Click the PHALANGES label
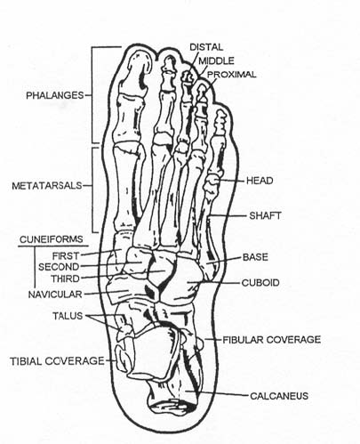tap(55, 95)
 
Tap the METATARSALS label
tap(47, 186)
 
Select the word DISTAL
tap(206, 47)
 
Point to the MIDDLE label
tap(216, 61)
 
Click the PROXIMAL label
tap(231, 75)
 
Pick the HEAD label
tap(260, 181)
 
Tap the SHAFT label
tap(265, 215)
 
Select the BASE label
tap(255, 257)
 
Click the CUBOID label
tap(260, 282)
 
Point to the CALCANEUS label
tap(279, 396)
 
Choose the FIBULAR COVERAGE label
tap(272, 340)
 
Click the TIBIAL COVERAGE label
tap(57, 361)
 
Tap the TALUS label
tap(68, 316)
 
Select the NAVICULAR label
tap(55, 295)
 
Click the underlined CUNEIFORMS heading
tap(52, 239)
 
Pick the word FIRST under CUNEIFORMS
tap(66, 255)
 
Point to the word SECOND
tap(59, 267)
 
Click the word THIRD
tap(66, 279)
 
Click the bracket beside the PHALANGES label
tap(92, 95)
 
